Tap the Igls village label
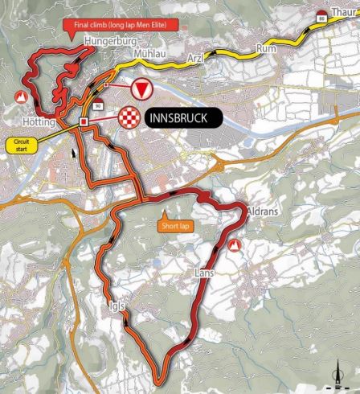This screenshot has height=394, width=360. coord(115,305)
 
